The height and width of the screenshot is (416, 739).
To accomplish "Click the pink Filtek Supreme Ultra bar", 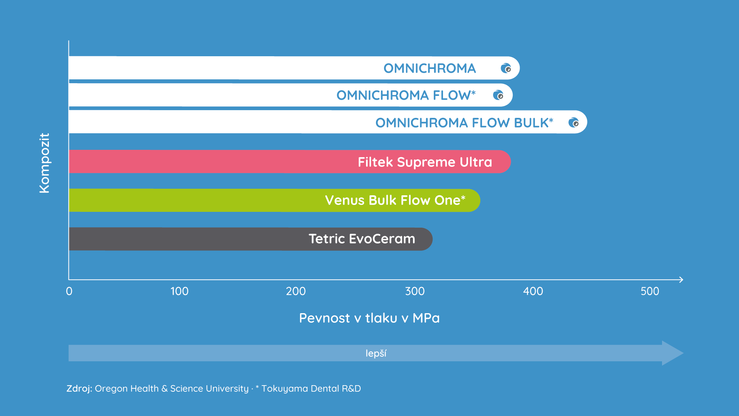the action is click(x=290, y=162).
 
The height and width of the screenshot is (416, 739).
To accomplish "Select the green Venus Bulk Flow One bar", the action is click(x=274, y=200).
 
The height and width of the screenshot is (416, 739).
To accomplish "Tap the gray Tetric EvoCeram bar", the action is click(x=251, y=239).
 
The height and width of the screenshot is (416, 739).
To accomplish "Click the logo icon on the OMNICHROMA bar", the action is click(x=506, y=68).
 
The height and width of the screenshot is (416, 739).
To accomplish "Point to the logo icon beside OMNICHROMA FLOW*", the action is click(x=498, y=95).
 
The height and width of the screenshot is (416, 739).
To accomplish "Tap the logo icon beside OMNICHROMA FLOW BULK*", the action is click(x=573, y=122).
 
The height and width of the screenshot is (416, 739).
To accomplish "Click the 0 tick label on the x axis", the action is click(x=69, y=291).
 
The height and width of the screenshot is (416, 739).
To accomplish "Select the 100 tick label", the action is click(x=179, y=291).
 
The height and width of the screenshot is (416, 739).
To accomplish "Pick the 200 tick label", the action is click(x=296, y=291).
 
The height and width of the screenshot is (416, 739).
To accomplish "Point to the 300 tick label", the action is click(x=415, y=291).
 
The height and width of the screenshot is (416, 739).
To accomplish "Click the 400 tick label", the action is click(x=533, y=291).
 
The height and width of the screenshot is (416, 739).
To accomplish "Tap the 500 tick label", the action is click(x=650, y=291).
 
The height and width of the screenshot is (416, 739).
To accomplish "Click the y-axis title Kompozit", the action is click(x=45, y=163).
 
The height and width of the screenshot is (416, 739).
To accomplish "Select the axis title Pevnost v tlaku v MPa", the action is click(x=369, y=318).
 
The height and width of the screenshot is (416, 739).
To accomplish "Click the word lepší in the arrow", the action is click(x=376, y=353).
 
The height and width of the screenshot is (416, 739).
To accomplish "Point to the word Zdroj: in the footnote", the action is click(x=79, y=388).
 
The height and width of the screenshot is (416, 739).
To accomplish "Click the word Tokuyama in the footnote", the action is click(x=285, y=389).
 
